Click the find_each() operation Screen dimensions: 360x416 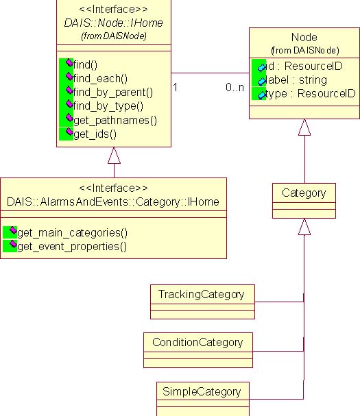pyautogui.click(x=100, y=79)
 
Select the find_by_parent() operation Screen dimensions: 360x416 pyautogui.click(x=113, y=93)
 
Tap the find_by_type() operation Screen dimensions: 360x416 pyautogui.click(x=108, y=106)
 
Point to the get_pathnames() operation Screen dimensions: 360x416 pyautogui.click(x=115, y=121)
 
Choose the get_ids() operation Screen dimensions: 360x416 pyautogui.click(x=95, y=134)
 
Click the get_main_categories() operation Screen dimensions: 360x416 pyautogui.click(x=72, y=233)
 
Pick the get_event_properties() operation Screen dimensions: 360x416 pyautogui.click(x=72, y=247)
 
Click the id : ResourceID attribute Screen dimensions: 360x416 pyautogui.click(x=304, y=66)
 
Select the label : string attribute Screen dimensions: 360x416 pyautogui.click(x=296, y=80)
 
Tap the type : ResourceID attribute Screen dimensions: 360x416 pyautogui.click(x=310, y=94)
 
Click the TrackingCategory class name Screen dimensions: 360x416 pyautogui.click(x=201, y=295)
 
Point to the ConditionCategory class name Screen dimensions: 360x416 pyautogui.click(x=197, y=343)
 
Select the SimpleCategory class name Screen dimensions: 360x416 pyautogui.click(x=202, y=392)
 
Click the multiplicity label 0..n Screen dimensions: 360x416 pyautogui.click(x=235, y=87)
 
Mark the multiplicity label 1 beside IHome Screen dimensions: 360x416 pyautogui.click(x=176, y=87)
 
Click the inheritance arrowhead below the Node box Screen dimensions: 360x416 pyautogui.click(x=304, y=127)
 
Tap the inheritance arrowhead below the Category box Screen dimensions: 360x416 pyautogui.click(x=304, y=227)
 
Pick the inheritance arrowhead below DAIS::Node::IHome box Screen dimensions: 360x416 pyautogui.click(x=114, y=155)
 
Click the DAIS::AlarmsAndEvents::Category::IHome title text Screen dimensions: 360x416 pyautogui.click(x=113, y=202)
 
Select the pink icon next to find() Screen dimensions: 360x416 pyautogui.click(x=69, y=62)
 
